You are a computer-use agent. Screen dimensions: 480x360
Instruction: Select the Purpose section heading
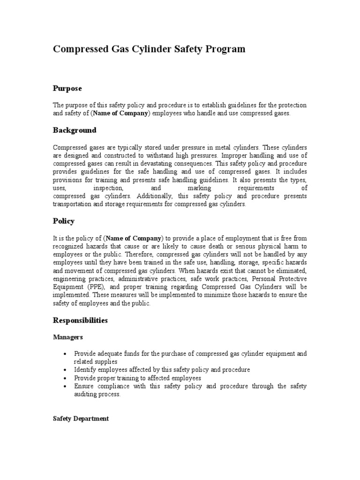[67, 88]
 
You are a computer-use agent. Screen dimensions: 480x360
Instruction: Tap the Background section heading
[75, 130]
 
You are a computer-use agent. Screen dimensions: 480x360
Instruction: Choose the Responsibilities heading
[80, 321]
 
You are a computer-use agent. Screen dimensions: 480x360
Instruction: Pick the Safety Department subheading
[81, 418]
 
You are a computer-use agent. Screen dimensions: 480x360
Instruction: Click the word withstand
[165, 156]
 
